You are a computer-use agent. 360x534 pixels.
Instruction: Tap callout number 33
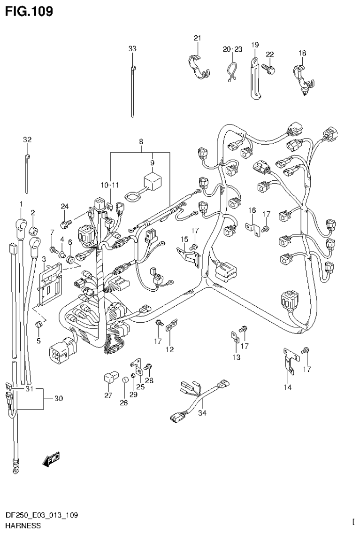pyautogui.click(x=132, y=48)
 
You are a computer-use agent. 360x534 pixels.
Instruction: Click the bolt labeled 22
pyautogui.click(x=269, y=69)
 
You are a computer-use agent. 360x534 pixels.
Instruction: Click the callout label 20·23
pyautogui.click(x=232, y=49)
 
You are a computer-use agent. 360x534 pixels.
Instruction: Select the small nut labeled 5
pyautogui.click(x=40, y=324)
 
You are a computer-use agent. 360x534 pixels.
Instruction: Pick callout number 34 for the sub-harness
pyautogui.click(x=202, y=413)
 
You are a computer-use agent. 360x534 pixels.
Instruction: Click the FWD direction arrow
pyautogui.click(x=51, y=460)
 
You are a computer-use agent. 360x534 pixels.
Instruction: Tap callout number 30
pyautogui.click(x=58, y=399)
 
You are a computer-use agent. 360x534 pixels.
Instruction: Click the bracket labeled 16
pyautogui.click(x=253, y=227)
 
